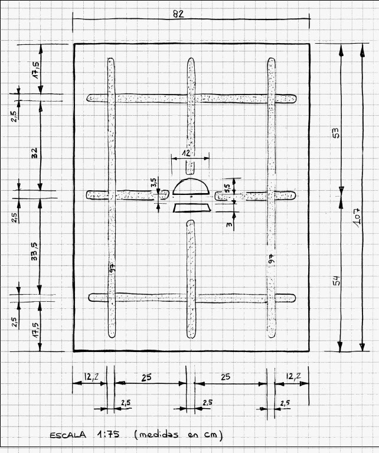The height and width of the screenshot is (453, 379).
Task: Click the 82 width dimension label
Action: (179, 14)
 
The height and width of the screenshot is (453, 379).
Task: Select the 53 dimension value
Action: (336, 133)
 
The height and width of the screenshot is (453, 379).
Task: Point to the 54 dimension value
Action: (336, 281)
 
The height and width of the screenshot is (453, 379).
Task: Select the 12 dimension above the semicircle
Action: (186, 152)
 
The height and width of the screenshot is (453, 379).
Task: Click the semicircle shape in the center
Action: (191, 187)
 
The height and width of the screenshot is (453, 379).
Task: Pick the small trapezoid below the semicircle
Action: (191, 207)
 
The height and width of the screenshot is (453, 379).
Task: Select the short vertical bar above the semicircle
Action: (190, 106)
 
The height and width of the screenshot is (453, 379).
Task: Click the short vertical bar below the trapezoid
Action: (190, 278)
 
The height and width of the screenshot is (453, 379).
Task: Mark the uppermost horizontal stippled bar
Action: (191, 98)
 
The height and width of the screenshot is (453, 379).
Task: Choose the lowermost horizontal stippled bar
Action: (191, 298)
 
